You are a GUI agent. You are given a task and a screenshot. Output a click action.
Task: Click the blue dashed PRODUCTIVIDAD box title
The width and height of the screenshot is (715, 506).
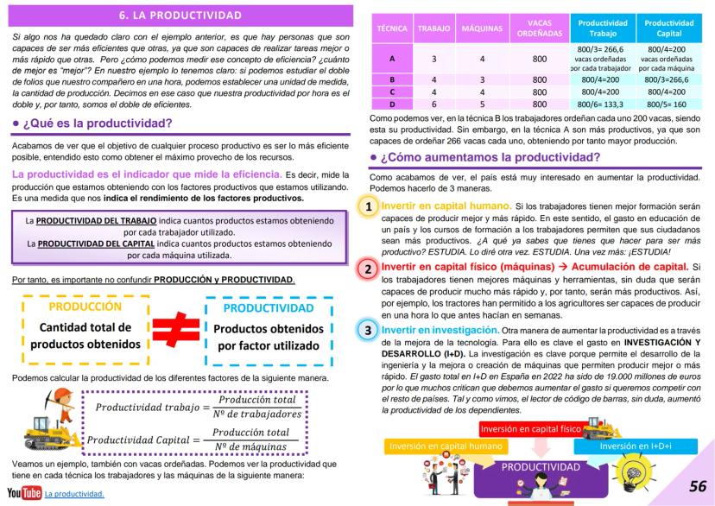click(267, 307)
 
